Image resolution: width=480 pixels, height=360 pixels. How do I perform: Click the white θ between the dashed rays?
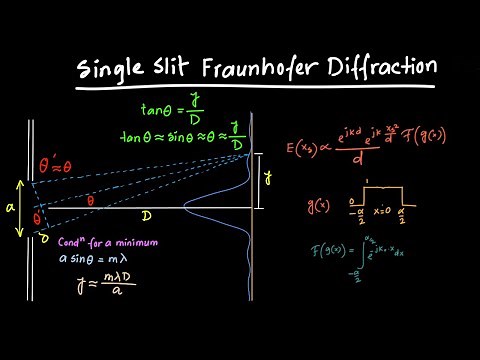tap(92, 200)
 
